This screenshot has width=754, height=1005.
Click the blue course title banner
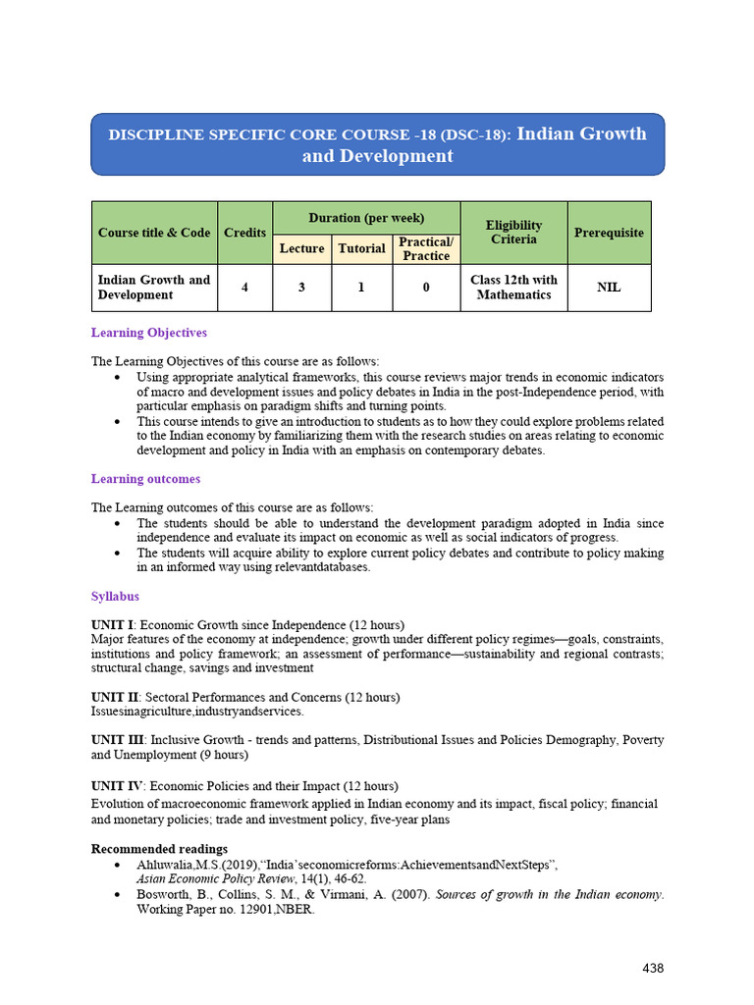pos(377,144)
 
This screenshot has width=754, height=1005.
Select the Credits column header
pos(244,233)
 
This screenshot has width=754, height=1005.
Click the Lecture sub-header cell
pos(301,249)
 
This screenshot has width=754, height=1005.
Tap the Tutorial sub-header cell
pos(361,249)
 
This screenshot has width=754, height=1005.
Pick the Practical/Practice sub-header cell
pos(426,249)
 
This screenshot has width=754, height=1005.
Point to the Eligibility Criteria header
pos(513,233)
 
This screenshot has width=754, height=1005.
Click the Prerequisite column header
pos(609,233)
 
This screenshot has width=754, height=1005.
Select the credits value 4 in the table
pos(244,288)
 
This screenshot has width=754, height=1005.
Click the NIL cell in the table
pos(609,288)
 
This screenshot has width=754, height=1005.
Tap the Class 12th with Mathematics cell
pos(513,288)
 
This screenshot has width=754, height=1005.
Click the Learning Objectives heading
pos(149,333)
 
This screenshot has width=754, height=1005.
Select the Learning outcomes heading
pos(145,479)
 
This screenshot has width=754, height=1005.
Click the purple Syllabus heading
pos(115,596)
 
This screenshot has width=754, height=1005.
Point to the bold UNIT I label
pos(112,625)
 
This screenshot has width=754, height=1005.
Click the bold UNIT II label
pos(114,697)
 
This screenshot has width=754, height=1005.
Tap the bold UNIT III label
pos(117,740)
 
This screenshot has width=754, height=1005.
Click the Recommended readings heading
pos(159,848)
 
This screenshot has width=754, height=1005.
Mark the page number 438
pos(653,969)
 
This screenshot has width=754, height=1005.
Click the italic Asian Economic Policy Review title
pos(221,879)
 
